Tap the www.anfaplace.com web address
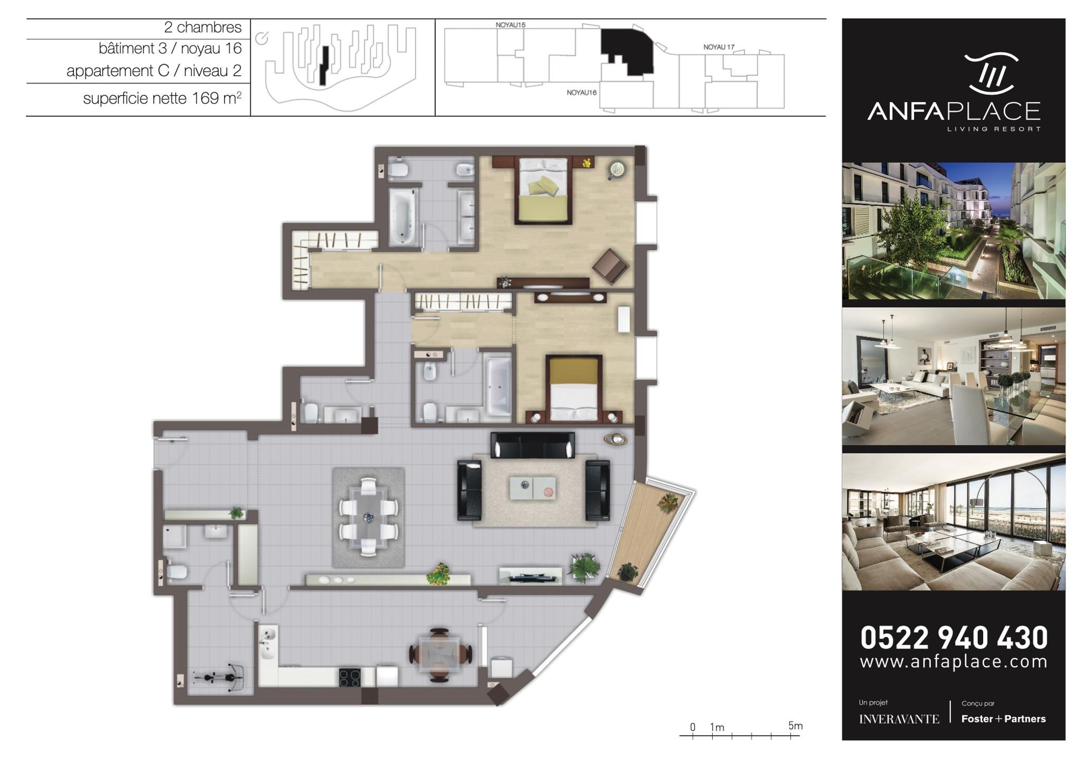(954, 662)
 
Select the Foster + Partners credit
(1003, 719)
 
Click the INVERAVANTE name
(899, 719)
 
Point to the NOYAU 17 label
(719, 47)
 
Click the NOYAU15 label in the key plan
(510, 25)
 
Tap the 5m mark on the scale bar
(795, 726)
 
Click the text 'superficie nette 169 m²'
(162, 98)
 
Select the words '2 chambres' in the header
(203, 27)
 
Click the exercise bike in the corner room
(219, 677)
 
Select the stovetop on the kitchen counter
(350, 678)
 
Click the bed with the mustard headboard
(574, 389)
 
